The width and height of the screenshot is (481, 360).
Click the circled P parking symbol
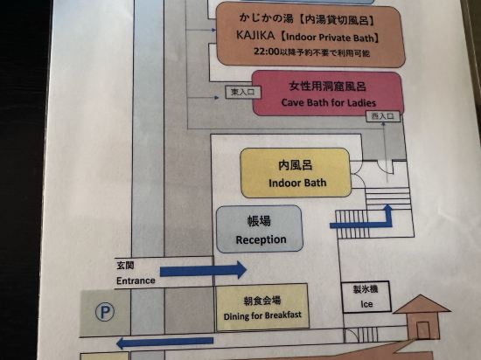pyautogui.click(x=105, y=312)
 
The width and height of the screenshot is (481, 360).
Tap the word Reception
pyautogui.click(x=261, y=239)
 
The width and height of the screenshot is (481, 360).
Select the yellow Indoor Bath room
pyautogui.click(x=296, y=173)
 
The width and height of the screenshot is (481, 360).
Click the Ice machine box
pyautogui.click(x=366, y=297)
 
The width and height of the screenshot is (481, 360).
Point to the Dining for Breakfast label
pyautogui.click(x=262, y=315)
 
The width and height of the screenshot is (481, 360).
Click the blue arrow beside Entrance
pyautogui.click(x=203, y=270)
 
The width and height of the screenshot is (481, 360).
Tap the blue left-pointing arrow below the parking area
pyautogui.click(x=165, y=343)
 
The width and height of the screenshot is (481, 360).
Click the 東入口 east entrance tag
pyautogui.click(x=243, y=92)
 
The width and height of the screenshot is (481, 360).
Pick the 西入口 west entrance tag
pyautogui.click(x=383, y=116)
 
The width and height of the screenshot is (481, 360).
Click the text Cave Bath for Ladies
pyautogui.click(x=328, y=102)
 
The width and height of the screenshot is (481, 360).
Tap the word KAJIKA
pyautogui.click(x=255, y=36)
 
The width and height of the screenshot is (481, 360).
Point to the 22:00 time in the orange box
pyautogui.click(x=266, y=52)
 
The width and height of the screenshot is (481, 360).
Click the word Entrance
pyautogui.click(x=136, y=280)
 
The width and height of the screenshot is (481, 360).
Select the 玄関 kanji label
pyautogui.click(x=125, y=265)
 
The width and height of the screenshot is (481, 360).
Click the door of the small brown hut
pyautogui.click(x=422, y=330)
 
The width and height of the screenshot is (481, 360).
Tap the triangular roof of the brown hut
pyautogui.click(x=422, y=305)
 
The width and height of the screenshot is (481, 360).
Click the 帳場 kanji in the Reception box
pyautogui.click(x=259, y=221)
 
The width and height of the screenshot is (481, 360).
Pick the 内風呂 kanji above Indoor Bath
pyautogui.click(x=296, y=165)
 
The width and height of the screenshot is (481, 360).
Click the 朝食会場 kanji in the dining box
pyautogui.click(x=262, y=301)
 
